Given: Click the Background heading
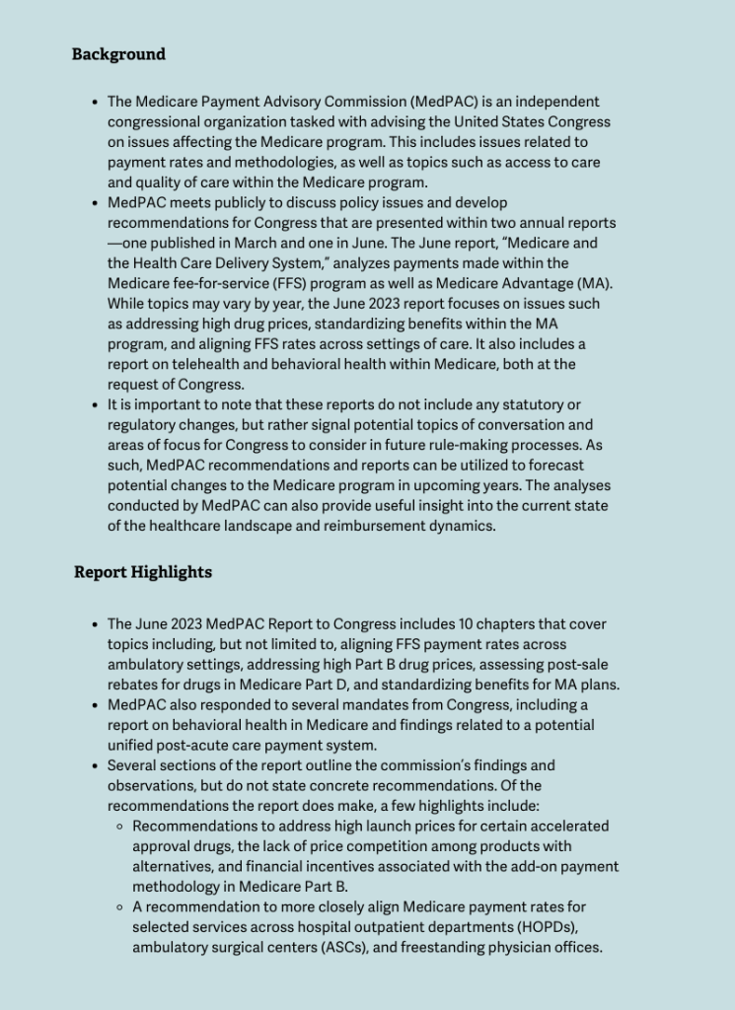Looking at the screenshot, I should tap(118, 54).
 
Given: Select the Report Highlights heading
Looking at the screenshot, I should tap(142, 572).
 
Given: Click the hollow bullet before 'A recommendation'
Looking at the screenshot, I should tap(118, 907).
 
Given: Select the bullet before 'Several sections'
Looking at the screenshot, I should tap(94, 766).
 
